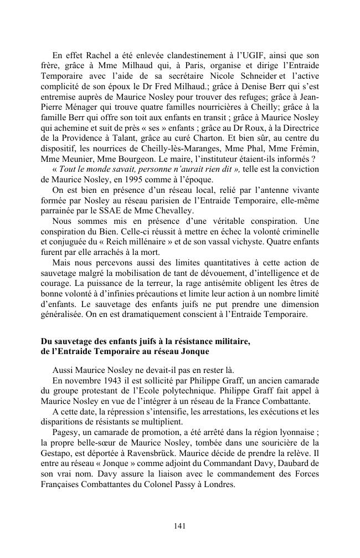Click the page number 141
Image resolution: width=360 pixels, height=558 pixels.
(x=179, y=525)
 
